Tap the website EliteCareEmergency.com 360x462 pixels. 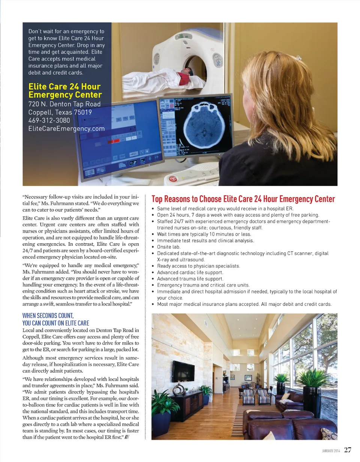tap(66, 129)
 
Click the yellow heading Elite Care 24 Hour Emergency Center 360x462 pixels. tap(65, 90)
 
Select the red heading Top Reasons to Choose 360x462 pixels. tap(243, 199)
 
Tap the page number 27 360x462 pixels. tap(348, 450)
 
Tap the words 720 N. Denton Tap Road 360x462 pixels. tap(64, 104)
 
